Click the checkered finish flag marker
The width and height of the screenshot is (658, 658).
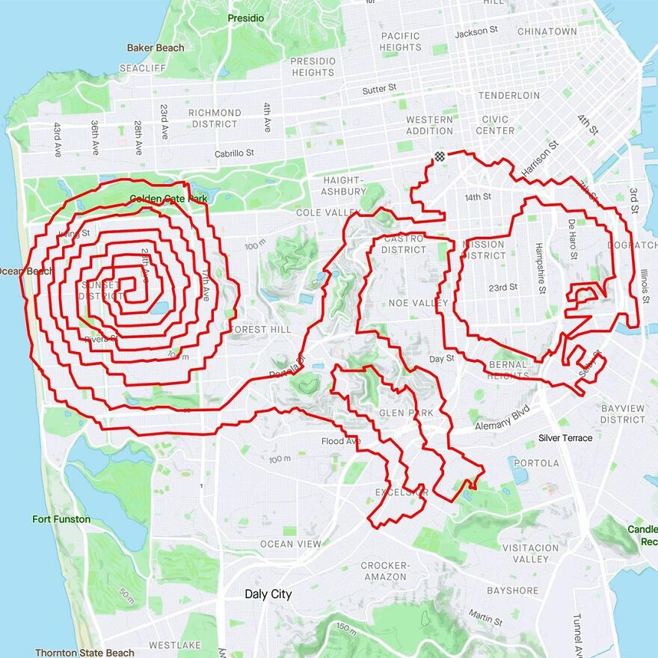[x=439, y=156]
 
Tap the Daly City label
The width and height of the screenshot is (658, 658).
[x=268, y=594]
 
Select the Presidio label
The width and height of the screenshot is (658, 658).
[x=246, y=18]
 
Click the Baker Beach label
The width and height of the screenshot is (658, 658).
[x=156, y=48]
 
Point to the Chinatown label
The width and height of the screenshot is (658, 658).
[x=547, y=31]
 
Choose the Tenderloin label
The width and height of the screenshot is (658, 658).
[x=508, y=96]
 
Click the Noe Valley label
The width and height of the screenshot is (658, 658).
[x=418, y=303]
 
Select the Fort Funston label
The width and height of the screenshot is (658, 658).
[x=61, y=519]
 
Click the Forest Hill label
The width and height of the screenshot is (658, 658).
[x=260, y=329]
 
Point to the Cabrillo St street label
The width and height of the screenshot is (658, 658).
[x=234, y=153]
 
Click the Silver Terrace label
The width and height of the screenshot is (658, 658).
[x=565, y=438]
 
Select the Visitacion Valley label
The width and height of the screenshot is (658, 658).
[x=531, y=553]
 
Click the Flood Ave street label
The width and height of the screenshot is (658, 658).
[x=341, y=441]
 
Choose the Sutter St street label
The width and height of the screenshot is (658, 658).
[x=379, y=89]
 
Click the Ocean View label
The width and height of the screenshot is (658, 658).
[x=290, y=544]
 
